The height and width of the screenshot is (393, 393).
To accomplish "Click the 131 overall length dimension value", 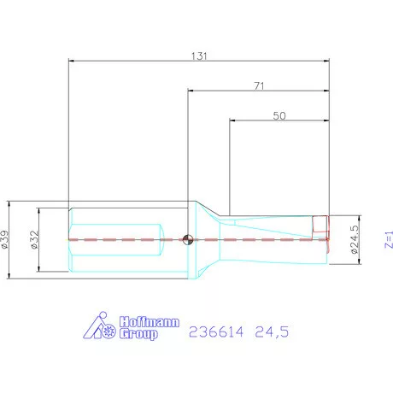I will pos(200,54).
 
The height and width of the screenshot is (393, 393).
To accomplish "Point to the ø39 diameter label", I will pos(7,239).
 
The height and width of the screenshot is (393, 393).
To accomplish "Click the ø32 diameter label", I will pos(33,239).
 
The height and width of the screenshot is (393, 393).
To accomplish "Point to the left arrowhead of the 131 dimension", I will pos(71,61).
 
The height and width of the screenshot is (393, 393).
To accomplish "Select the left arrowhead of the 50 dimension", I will pos(233,120).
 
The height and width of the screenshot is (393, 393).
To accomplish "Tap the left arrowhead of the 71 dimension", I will pos(191,90).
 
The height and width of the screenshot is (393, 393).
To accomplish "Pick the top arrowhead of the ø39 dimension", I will pos(8,203).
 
